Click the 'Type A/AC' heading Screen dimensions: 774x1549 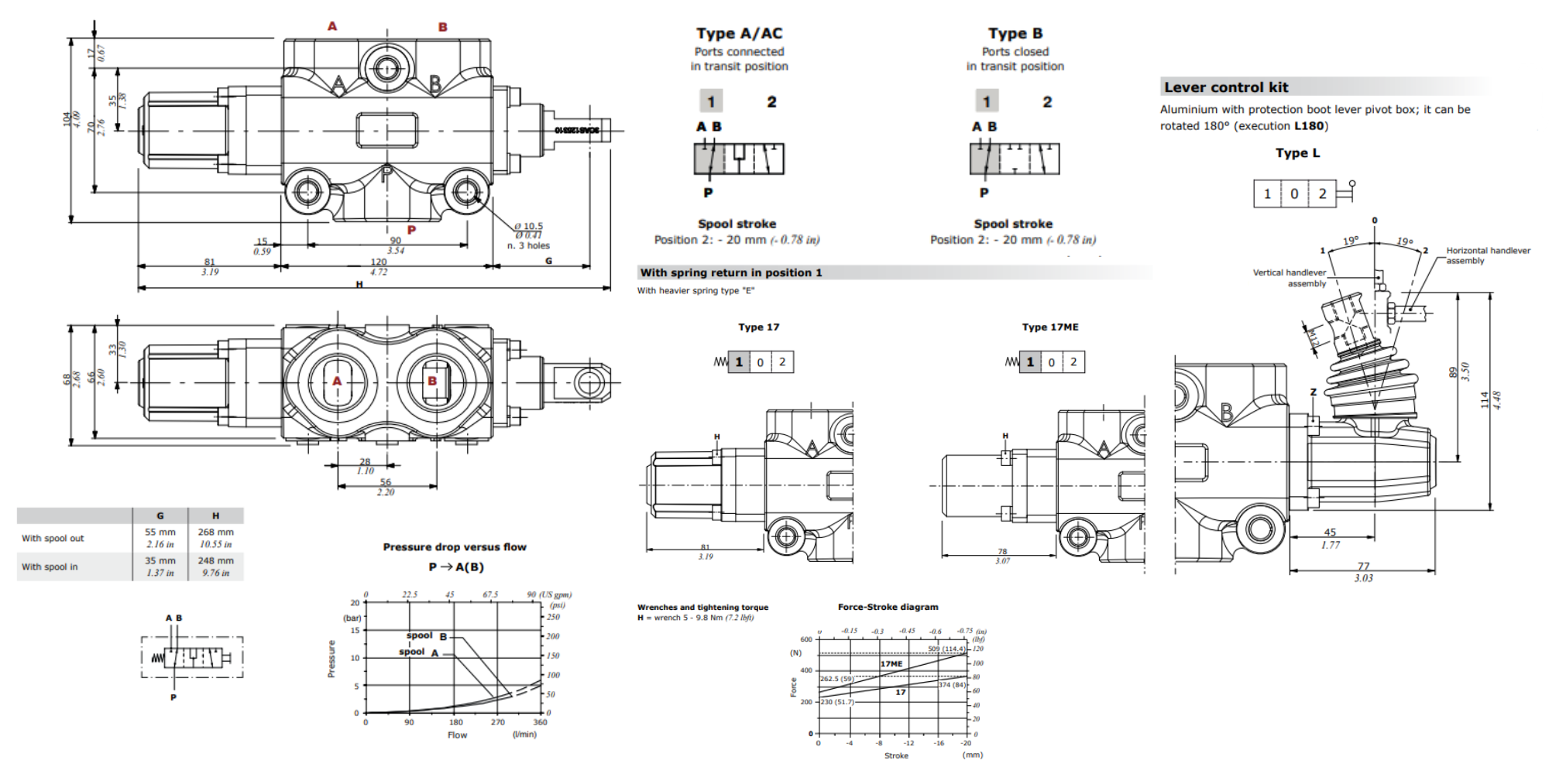click(x=739, y=33)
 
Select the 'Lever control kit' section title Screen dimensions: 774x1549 click(x=1226, y=87)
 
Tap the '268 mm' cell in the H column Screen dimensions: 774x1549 click(x=215, y=533)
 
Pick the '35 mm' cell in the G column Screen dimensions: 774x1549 click(x=160, y=560)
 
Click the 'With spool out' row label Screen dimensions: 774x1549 click(x=53, y=539)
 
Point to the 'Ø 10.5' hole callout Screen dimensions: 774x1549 click(x=529, y=226)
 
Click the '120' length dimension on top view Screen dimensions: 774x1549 click(x=379, y=262)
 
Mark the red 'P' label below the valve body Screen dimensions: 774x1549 click(x=411, y=230)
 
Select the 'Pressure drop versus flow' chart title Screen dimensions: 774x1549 click(x=455, y=547)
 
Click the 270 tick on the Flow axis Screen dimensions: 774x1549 click(x=497, y=722)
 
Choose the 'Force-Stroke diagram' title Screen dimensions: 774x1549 click(x=888, y=607)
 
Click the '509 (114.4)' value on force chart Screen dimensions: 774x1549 click(x=946, y=649)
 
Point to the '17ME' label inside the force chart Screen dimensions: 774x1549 click(x=891, y=664)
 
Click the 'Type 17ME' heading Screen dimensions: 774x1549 click(x=1049, y=327)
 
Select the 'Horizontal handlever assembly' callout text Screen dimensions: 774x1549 click(x=1487, y=255)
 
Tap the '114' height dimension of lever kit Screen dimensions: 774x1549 click(x=1485, y=399)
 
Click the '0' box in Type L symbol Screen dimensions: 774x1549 click(x=1294, y=193)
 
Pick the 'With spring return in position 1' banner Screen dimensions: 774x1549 click(x=730, y=272)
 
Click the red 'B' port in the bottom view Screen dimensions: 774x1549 click(x=432, y=381)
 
